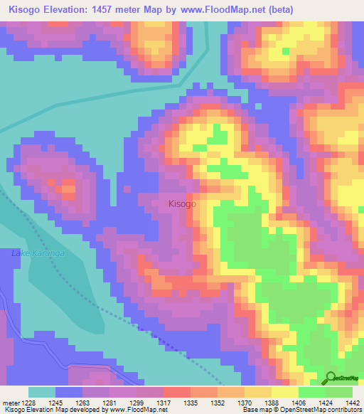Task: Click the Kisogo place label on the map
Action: tap(182, 203)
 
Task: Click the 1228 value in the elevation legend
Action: tap(26, 403)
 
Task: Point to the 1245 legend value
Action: tap(55, 403)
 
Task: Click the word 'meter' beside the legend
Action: tap(9, 403)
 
